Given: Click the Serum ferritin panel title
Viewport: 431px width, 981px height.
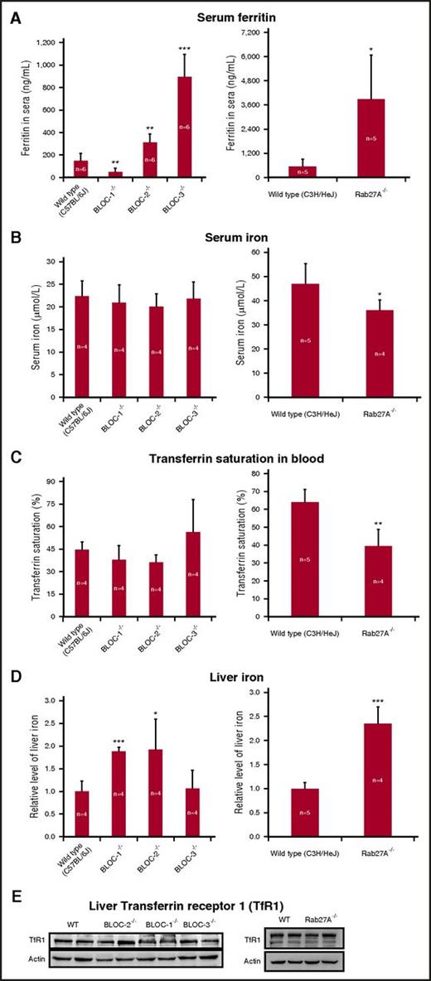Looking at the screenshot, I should tap(216, 16).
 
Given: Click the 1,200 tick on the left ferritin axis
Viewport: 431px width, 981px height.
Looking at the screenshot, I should tap(44, 42).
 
